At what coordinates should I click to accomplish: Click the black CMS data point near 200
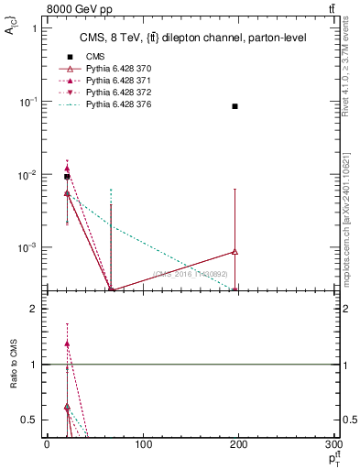(x=235, y=106)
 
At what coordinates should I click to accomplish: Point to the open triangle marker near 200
(x=235, y=251)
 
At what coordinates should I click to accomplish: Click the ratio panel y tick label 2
(x=34, y=310)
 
